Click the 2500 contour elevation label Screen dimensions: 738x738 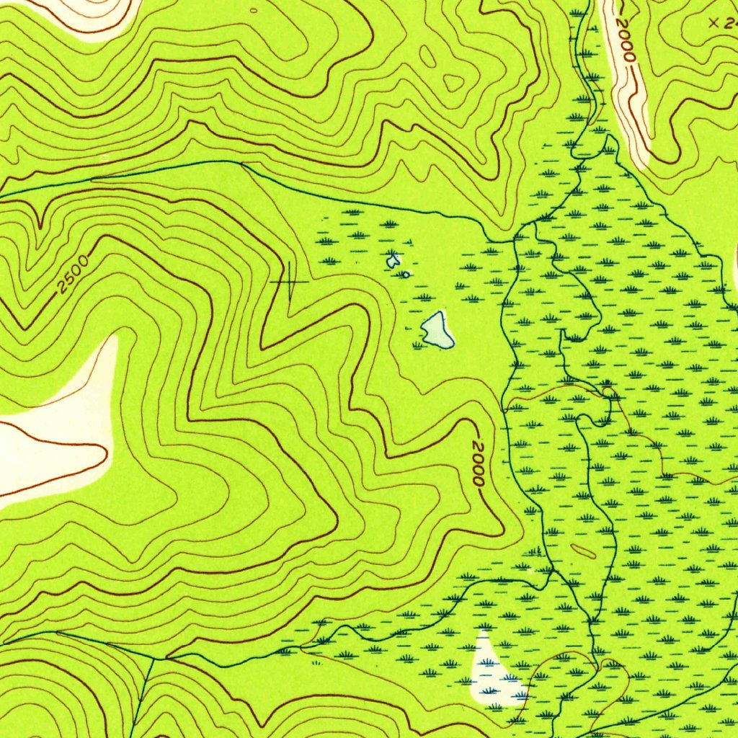pos(74,275)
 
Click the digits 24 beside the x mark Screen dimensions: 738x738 pos(730,23)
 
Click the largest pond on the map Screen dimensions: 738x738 pos(437,329)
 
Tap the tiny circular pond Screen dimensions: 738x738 pos(406,274)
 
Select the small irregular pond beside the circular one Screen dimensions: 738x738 pos(393,261)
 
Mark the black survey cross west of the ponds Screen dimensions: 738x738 pos(289,281)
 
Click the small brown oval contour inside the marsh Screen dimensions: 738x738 pos(583,551)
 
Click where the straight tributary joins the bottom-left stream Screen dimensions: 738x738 pos(152,658)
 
